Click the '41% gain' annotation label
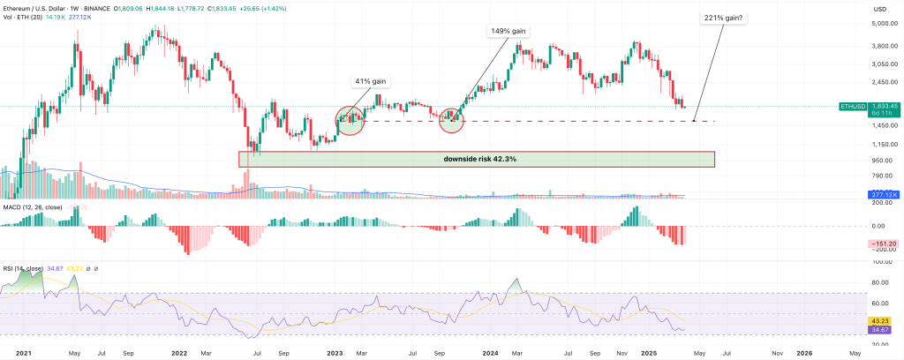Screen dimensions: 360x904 (370, 82)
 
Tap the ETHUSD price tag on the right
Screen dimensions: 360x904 (855, 106)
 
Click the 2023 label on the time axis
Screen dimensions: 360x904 (335, 352)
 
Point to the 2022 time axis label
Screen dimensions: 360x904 (180, 352)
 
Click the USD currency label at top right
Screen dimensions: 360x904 (878, 9)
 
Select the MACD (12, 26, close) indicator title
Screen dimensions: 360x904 (33, 207)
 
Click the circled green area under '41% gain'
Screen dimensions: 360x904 (350, 119)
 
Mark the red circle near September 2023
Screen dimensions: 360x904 (452, 119)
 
